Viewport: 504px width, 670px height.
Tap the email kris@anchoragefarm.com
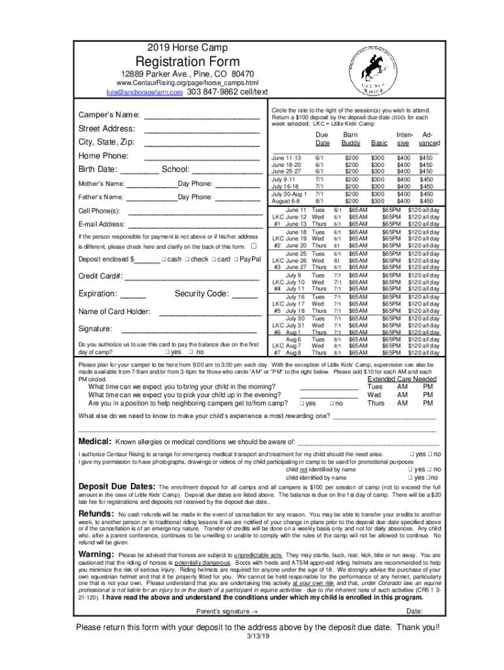point(144,93)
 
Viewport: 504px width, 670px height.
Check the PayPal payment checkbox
point(236,260)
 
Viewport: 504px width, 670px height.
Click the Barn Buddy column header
point(351,138)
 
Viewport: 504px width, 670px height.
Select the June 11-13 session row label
point(286,158)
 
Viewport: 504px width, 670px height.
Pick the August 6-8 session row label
point(285,202)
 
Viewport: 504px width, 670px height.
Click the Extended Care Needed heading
point(402,379)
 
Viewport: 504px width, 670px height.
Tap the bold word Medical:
point(95,441)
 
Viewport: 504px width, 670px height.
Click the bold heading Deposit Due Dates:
point(117,487)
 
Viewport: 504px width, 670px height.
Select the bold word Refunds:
point(97,514)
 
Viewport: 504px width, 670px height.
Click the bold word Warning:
point(97,555)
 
